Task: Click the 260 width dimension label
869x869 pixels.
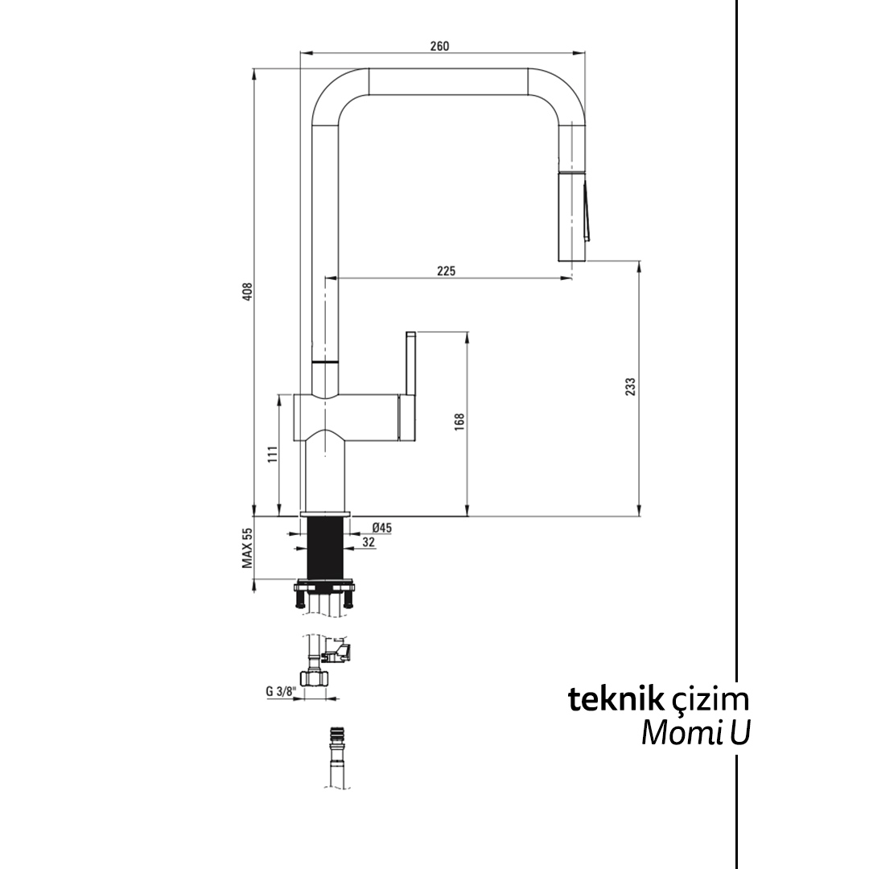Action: click(439, 46)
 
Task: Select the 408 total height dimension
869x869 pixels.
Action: click(248, 291)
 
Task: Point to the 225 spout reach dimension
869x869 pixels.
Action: click(446, 271)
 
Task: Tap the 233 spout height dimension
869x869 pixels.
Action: click(631, 387)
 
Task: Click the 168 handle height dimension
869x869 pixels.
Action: click(459, 422)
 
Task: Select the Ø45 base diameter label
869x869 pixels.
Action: click(381, 528)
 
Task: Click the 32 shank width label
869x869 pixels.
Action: click(368, 543)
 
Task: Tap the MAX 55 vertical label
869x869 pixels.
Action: click(248, 549)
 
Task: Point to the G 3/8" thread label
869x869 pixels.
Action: click(281, 690)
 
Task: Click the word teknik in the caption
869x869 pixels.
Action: click(616, 698)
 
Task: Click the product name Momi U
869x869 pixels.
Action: click(695, 733)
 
